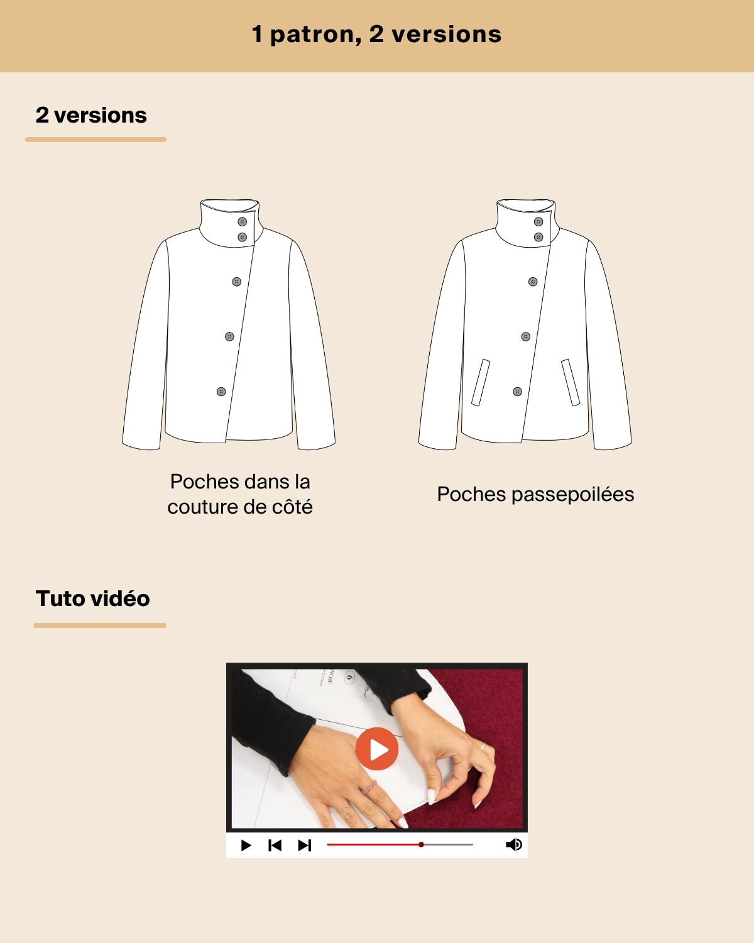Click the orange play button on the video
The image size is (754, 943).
point(377,749)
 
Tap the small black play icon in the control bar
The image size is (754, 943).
point(246,845)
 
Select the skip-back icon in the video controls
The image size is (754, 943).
point(275,845)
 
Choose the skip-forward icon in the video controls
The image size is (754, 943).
point(305,845)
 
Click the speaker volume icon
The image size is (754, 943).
point(514,844)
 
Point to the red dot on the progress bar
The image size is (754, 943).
point(421,844)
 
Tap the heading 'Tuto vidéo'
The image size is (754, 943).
point(93,598)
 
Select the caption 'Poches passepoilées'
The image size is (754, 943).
point(535,495)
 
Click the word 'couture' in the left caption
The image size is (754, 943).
point(202,507)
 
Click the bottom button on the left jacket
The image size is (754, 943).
point(221,392)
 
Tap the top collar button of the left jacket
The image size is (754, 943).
point(243,222)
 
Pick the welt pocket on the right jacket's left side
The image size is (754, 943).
point(481,383)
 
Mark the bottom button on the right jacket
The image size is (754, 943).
point(517,392)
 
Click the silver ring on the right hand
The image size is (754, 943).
point(483,746)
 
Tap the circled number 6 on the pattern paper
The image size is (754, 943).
point(349,677)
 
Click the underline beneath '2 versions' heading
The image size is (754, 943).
point(96,140)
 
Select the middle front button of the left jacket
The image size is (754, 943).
point(229,336)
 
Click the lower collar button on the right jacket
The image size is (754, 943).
point(538,237)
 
